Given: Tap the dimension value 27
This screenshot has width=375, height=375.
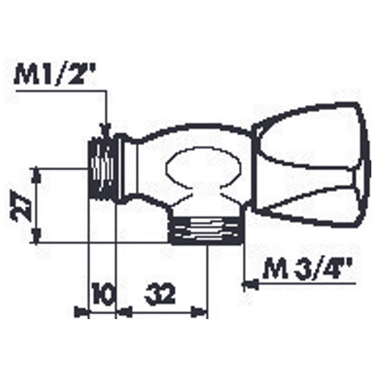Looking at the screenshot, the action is [19, 204].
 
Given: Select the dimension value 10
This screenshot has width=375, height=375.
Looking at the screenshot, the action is [103, 293].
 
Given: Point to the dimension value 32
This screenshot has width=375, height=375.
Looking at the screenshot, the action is [160, 293].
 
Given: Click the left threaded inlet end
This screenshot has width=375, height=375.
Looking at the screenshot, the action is [102, 169].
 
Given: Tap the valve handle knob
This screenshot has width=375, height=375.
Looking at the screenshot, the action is [311, 163].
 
